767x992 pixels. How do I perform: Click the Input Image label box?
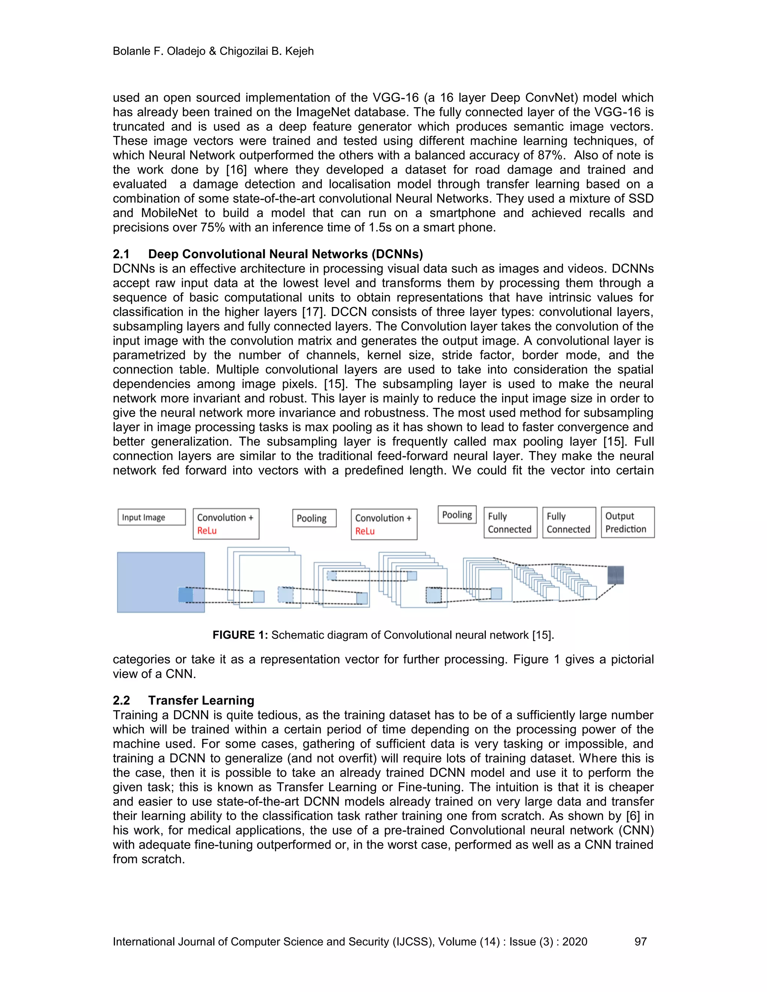pyautogui.click(x=151, y=517)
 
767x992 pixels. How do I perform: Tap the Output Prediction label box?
pyautogui.click(x=628, y=522)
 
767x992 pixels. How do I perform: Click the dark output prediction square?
pyautogui.click(x=616, y=575)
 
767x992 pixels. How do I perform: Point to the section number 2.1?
pyautogui.click(x=121, y=254)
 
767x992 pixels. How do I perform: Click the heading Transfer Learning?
pyautogui.click(x=201, y=700)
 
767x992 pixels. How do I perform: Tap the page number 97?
pyautogui.click(x=640, y=941)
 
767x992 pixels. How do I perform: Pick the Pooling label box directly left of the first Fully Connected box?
pyautogui.click(x=457, y=515)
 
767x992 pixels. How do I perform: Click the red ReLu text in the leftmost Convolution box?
pyautogui.click(x=207, y=530)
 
